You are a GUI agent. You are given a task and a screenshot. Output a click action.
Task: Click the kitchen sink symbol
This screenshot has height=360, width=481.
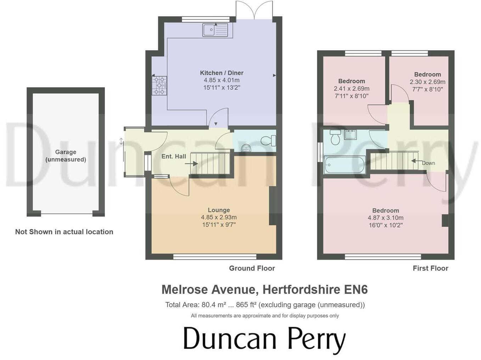click(x=215, y=30)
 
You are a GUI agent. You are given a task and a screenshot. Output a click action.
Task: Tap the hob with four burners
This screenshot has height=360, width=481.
click(x=159, y=85)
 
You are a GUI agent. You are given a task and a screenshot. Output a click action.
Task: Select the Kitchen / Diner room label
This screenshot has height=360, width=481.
click(x=222, y=73)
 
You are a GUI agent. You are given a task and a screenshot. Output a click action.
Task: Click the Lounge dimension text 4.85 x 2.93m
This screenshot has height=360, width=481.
click(x=219, y=218)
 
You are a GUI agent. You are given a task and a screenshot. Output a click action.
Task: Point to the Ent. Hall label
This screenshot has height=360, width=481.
click(x=174, y=156)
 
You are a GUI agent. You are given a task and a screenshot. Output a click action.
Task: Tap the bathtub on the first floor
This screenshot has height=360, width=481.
click(x=344, y=165)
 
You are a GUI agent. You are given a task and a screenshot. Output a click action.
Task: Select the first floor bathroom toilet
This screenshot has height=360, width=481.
click(x=335, y=137)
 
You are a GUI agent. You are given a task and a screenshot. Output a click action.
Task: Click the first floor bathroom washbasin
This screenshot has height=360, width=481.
click(x=350, y=135)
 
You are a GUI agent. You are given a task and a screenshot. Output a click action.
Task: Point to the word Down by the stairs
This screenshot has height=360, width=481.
click(x=428, y=163)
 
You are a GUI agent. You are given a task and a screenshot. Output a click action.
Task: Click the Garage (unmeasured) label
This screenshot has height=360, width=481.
click(x=66, y=156)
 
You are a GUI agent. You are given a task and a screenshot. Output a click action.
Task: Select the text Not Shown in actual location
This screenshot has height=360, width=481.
click(x=64, y=232)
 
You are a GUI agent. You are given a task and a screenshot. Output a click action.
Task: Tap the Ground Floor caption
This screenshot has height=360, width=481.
click(x=252, y=268)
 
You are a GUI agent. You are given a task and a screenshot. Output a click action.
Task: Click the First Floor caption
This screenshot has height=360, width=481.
click(x=430, y=268)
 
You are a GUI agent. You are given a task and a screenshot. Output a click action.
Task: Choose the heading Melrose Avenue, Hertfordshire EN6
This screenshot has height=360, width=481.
click(x=264, y=289)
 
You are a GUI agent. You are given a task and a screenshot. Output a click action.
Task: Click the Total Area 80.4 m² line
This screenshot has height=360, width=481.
click(x=264, y=305)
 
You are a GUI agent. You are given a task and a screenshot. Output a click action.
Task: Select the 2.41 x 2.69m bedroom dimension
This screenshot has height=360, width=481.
click(x=351, y=89)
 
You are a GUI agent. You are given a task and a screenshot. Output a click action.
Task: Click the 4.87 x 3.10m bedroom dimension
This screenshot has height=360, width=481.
click(x=385, y=218)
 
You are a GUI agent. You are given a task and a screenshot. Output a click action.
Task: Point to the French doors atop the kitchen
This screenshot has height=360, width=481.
click(x=254, y=10)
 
